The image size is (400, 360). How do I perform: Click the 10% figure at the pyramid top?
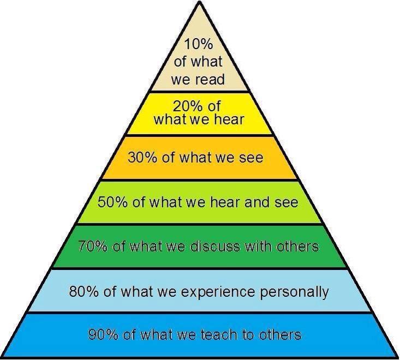[x=199, y=44]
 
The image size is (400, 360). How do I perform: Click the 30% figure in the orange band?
[x=140, y=158]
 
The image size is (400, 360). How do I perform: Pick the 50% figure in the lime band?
[x=111, y=202]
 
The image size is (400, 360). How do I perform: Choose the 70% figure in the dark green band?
[x=92, y=246]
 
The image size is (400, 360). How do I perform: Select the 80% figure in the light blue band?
[x=82, y=291]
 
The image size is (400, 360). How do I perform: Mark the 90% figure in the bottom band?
[x=102, y=334]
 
